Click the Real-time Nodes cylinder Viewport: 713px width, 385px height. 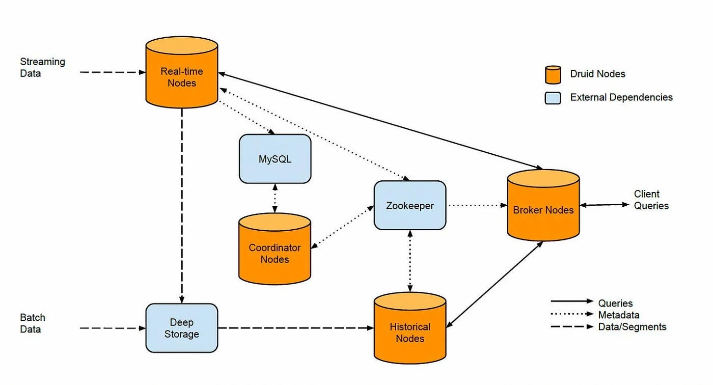pos(181,74)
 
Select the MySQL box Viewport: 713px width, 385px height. pos(275,159)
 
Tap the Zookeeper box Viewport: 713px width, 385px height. pos(409,205)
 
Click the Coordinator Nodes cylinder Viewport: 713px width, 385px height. pos(275,250)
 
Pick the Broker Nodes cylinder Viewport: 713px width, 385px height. pos(543,206)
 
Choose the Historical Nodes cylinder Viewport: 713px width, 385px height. pos(409,328)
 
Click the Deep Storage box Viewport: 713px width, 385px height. pos(181,328)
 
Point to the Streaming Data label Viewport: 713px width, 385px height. pos(42,67)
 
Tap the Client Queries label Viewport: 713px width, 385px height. pos(651,200)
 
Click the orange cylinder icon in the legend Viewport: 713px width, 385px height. pos(553,74)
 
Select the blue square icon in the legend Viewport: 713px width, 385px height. pos(553,97)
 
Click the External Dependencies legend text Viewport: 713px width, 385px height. pos(621,97)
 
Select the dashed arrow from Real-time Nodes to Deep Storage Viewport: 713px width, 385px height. pos(182,204)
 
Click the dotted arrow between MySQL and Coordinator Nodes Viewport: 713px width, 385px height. pos(275,198)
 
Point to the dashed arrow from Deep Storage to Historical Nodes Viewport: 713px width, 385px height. pos(295,328)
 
